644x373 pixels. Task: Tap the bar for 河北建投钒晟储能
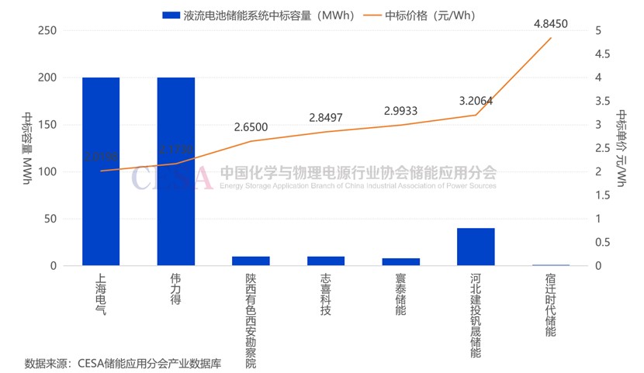pyautogui.click(x=476, y=247)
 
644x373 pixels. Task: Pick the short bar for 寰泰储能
pyautogui.click(x=400, y=262)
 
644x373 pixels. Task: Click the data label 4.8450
pyautogui.click(x=551, y=24)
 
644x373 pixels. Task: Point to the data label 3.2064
pyautogui.click(x=476, y=101)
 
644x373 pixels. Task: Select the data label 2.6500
pyautogui.click(x=251, y=127)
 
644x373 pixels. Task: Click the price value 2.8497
pyautogui.click(x=325, y=118)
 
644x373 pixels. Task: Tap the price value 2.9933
pyautogui.click(x=400, y=111)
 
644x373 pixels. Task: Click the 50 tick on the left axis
pyautogui.click(x=50, y=219)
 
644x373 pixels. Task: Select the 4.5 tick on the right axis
pyautogui.click(x=602, y=54)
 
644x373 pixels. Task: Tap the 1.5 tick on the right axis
pyautogui.click(x=602, y=195)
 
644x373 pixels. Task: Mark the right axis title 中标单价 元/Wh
pyautogui.click(x=622, y=148)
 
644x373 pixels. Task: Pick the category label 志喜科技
pyautogui.click(x=325, y=294)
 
